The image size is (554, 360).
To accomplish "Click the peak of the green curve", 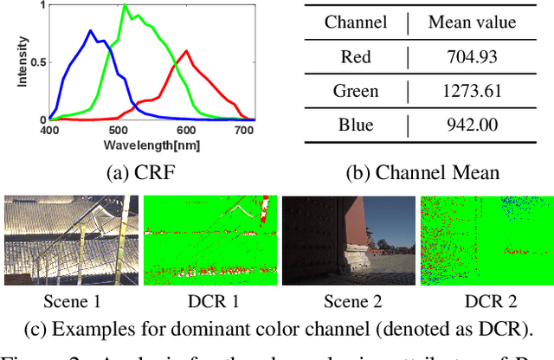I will click(126, 5).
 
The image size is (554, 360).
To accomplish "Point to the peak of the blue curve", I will click(91, 31).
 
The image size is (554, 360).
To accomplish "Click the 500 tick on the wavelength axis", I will click(118, 129).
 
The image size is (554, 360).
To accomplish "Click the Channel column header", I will click(356, 21).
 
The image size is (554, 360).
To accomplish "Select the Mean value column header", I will click(473, 21).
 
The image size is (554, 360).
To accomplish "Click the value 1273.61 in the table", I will click(473, 90).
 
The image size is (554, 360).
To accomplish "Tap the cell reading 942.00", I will click(473, 124).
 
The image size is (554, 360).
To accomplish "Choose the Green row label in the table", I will click(356, 90).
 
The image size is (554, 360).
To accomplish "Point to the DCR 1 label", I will click(210, 303).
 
